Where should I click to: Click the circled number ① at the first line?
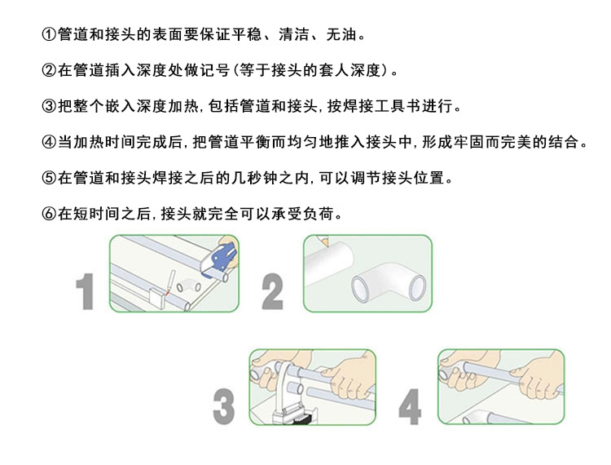(49, 35)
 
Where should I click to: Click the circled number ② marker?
(49, 70)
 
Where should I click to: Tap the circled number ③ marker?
(49, 106)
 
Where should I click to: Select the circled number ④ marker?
(49, 142)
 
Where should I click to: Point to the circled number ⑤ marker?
(49, 178)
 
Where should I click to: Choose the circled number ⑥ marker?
(49, 214)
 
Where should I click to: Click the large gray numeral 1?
(85, 291)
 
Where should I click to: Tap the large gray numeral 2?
(272, 291)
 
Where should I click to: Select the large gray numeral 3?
(224, 406)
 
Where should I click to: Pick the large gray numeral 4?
(410, 406)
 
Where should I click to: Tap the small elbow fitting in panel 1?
(189, 286)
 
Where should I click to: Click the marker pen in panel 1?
(170, 281)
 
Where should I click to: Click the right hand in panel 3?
(349, 375)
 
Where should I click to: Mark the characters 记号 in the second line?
(215, 70)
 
